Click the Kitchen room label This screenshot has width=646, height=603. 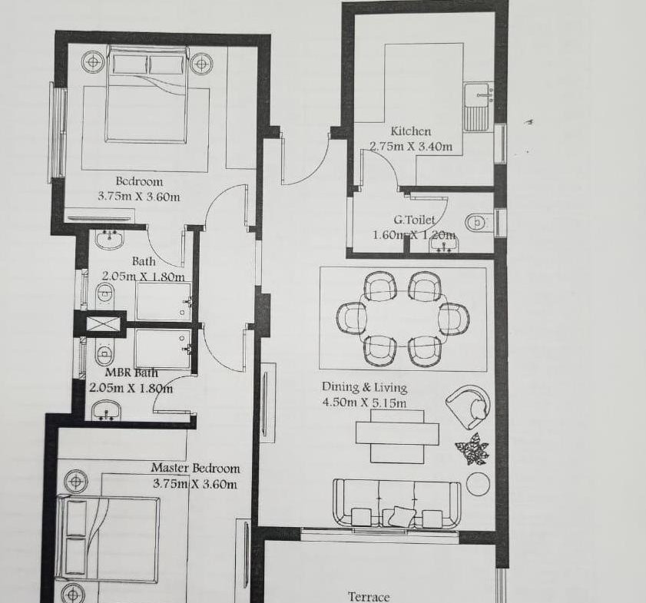point(411,131)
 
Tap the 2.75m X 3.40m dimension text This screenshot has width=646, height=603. point(411,147)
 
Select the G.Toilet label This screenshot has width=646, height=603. point(414,220)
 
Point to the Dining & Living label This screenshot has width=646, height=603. point(364,387)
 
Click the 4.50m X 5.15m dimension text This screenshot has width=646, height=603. point(364,403)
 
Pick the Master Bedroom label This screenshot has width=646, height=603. point(195,468)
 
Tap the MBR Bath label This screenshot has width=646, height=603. point(131,373)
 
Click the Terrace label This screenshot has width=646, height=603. point(369,597)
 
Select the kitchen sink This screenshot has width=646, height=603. point(478,107)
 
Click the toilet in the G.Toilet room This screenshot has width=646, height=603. point(479,224)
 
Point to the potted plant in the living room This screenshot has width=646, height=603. point(472,449)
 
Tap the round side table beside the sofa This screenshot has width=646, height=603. point(479,484)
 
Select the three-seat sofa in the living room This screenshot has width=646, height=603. point(396,503)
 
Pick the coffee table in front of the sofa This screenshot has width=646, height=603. point(397,436)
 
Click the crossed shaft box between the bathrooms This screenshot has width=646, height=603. point(101,323)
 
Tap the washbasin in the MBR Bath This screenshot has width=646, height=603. point(106,412)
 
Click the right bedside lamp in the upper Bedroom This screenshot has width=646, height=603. point(201,64)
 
